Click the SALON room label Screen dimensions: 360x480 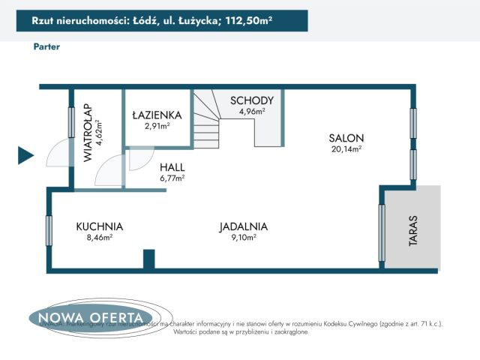346,138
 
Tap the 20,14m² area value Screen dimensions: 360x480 346,149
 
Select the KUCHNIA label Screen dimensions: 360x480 99,226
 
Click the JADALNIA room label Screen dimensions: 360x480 244,226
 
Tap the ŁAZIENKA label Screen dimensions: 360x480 157,115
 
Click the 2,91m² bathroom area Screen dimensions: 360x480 157,125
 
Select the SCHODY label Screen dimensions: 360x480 252,100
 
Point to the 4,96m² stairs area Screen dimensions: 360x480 252,111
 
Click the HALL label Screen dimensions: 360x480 172,167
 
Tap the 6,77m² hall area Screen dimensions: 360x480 172,178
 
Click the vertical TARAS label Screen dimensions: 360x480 412,231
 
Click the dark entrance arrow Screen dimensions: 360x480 25,155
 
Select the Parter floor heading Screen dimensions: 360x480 46,46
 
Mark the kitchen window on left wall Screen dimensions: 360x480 49,230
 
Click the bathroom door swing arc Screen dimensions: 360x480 139,159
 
